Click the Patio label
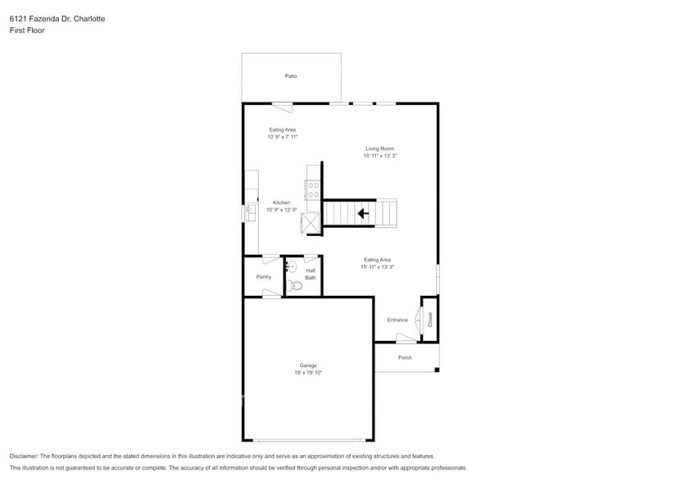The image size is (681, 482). [291, 76]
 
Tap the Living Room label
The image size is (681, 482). [379, 148]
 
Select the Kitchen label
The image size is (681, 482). [281, 202]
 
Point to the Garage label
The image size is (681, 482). [308, 366]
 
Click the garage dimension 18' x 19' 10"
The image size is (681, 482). [308, 373]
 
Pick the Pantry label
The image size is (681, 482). [263, 277]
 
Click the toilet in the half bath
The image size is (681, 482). [295, 285]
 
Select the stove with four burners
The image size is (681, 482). [313, 190]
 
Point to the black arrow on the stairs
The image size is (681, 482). [362, 214]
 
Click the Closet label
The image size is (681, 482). [430, 319]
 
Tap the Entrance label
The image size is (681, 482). [397, 320]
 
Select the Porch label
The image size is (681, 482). [405, 357]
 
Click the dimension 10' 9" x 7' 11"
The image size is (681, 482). [282, 137]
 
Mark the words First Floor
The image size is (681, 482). [27, 30]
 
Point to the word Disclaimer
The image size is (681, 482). [24, 456]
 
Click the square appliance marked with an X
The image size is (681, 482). [311, 223]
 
